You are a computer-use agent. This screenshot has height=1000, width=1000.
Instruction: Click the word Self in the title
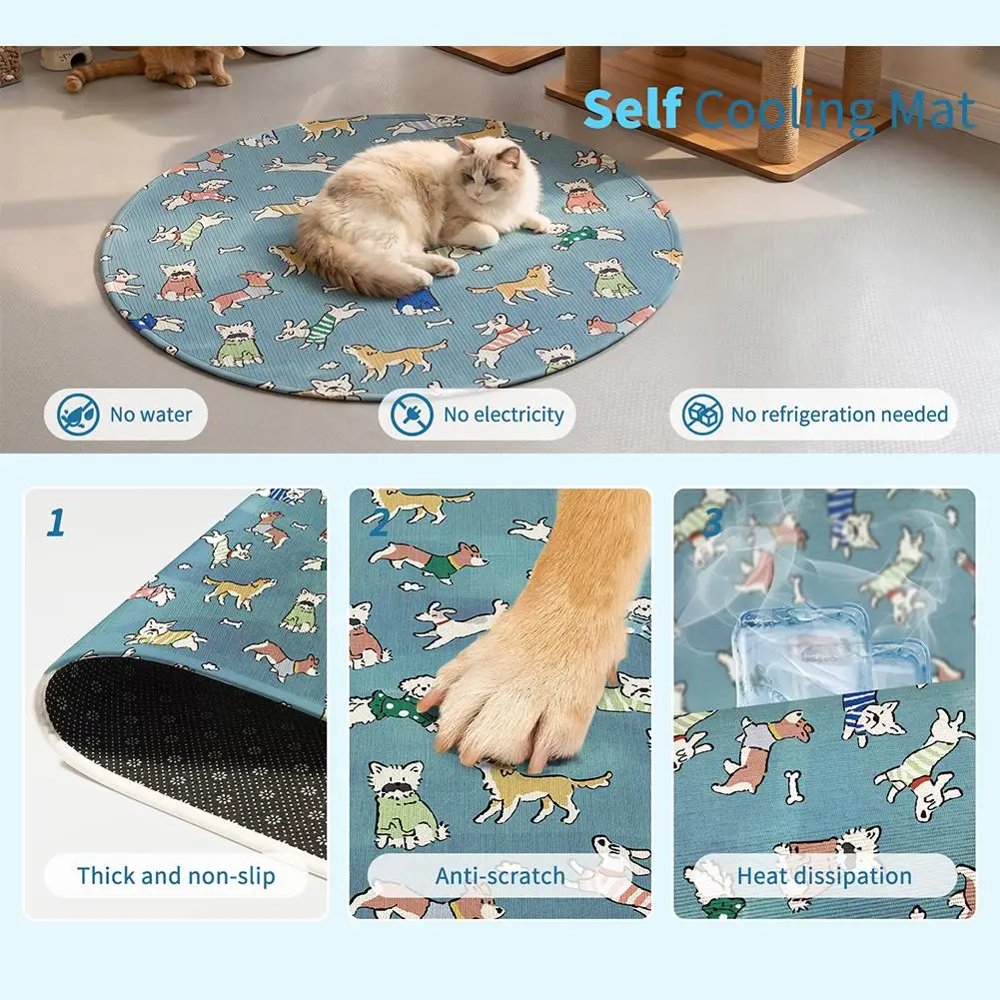pyautogui.click(x=632, y=109)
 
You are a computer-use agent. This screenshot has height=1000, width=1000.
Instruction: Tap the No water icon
pyautogui.click(x=78, y=415)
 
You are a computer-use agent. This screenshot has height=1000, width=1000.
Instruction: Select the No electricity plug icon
pyautogui.click(x=412, y=415)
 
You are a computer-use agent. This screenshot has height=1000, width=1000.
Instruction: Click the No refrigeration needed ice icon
pyautogui.click(x=702, y=415)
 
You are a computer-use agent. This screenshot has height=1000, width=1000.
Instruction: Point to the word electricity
pyautogui.click(x=519, y=416)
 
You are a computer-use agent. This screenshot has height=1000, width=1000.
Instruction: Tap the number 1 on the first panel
pyautogui.click(x=57, y=522)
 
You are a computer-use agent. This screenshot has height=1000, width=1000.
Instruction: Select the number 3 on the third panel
pyautogui.click(x=712, y=522)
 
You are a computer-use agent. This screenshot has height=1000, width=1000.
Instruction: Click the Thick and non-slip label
pyautogui.click(x=176, y=876)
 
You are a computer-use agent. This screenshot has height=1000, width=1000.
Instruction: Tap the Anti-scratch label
pyautogui.click(x=500, y=876)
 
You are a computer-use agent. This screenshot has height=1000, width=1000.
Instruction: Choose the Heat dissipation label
pyautogui.click(x=824, y=876)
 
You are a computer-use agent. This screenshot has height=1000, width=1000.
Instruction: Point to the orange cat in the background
pyautogui.click(x=153, y=66)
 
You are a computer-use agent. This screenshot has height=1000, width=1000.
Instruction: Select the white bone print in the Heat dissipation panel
pyautogui.click(x=792, y=787)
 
